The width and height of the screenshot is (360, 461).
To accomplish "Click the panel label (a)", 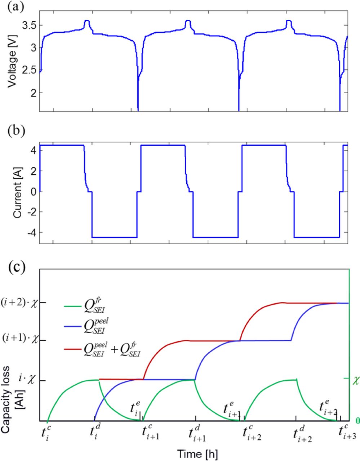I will [15, 8].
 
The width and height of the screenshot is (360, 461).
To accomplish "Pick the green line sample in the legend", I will [74, 306].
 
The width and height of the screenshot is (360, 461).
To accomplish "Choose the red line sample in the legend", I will [74, 349].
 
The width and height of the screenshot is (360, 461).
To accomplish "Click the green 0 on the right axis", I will [357, 421].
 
